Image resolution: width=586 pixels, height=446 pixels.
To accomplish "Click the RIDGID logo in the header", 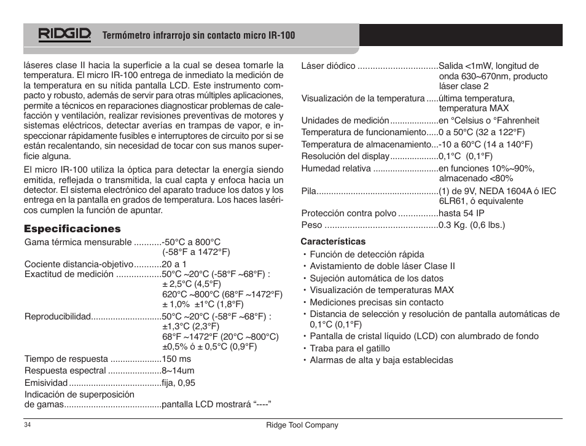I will [x=64, y=35].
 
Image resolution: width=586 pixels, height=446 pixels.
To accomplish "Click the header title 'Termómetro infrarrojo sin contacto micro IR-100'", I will [x=198, y=36].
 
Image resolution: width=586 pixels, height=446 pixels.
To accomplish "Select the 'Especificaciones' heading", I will [x=72, y=229].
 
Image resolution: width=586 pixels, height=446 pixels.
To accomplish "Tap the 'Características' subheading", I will [x=333, y=241].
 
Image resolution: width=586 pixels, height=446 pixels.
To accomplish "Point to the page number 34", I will [x=28, y=425].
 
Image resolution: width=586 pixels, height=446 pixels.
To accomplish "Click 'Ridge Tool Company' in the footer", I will [x=302, y=425].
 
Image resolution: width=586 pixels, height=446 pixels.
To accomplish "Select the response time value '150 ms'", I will [x=176, y=359].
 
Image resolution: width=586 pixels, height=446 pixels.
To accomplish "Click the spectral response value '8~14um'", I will [x=178, y=370].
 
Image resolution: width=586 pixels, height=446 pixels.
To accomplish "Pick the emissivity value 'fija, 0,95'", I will [x=178, y=383].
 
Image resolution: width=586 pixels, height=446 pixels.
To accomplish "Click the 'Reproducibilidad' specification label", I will [x=58, y=316].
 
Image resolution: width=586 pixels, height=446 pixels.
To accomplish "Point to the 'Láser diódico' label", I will [x=328, y=66].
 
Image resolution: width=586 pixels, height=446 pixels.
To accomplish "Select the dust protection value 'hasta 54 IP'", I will [x=461, y=213].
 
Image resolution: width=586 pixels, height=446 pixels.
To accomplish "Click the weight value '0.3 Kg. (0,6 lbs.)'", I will [x=472, y=225].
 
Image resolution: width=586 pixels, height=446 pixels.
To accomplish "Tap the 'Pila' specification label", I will [x=308, y=191].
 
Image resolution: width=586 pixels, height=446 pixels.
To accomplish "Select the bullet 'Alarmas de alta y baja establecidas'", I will [x=381, y=360].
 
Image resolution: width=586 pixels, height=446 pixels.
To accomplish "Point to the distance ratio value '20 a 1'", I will [x=174, y=264].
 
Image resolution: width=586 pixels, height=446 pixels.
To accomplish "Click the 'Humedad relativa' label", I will [x=336, y=168].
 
